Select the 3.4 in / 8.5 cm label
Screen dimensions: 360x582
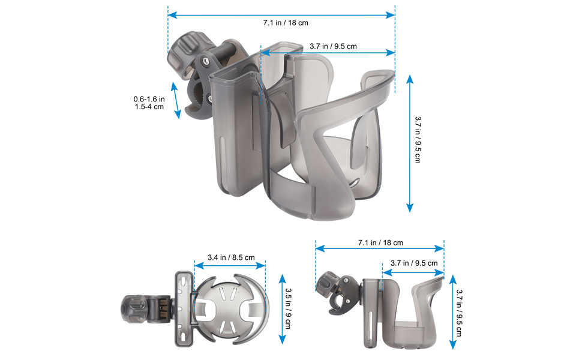[230, 257]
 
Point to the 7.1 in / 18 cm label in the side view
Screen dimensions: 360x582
[380, 242]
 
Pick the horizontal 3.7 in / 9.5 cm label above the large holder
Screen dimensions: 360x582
[333, 46]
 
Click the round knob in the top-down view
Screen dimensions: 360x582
[133, 309]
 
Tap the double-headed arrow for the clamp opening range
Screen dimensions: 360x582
[176, 100]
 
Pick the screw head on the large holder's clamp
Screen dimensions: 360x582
[206, 61]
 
